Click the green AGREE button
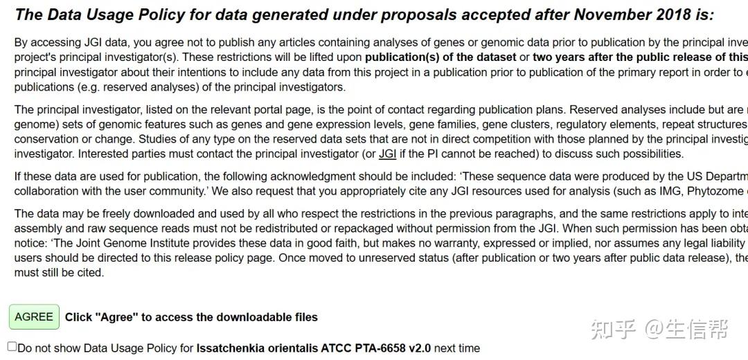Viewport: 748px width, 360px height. pyautogui.click(x=34, y=317)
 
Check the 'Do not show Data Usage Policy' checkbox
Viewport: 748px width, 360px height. pyautogui.click(x=12, y=346)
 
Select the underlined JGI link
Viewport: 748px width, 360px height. pyautogui.click(x=387, y=154)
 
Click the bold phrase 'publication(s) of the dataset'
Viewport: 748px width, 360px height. pyautogui.click(x=440, y=57)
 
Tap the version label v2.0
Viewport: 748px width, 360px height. pyautogui.click(x=418, y=348)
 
